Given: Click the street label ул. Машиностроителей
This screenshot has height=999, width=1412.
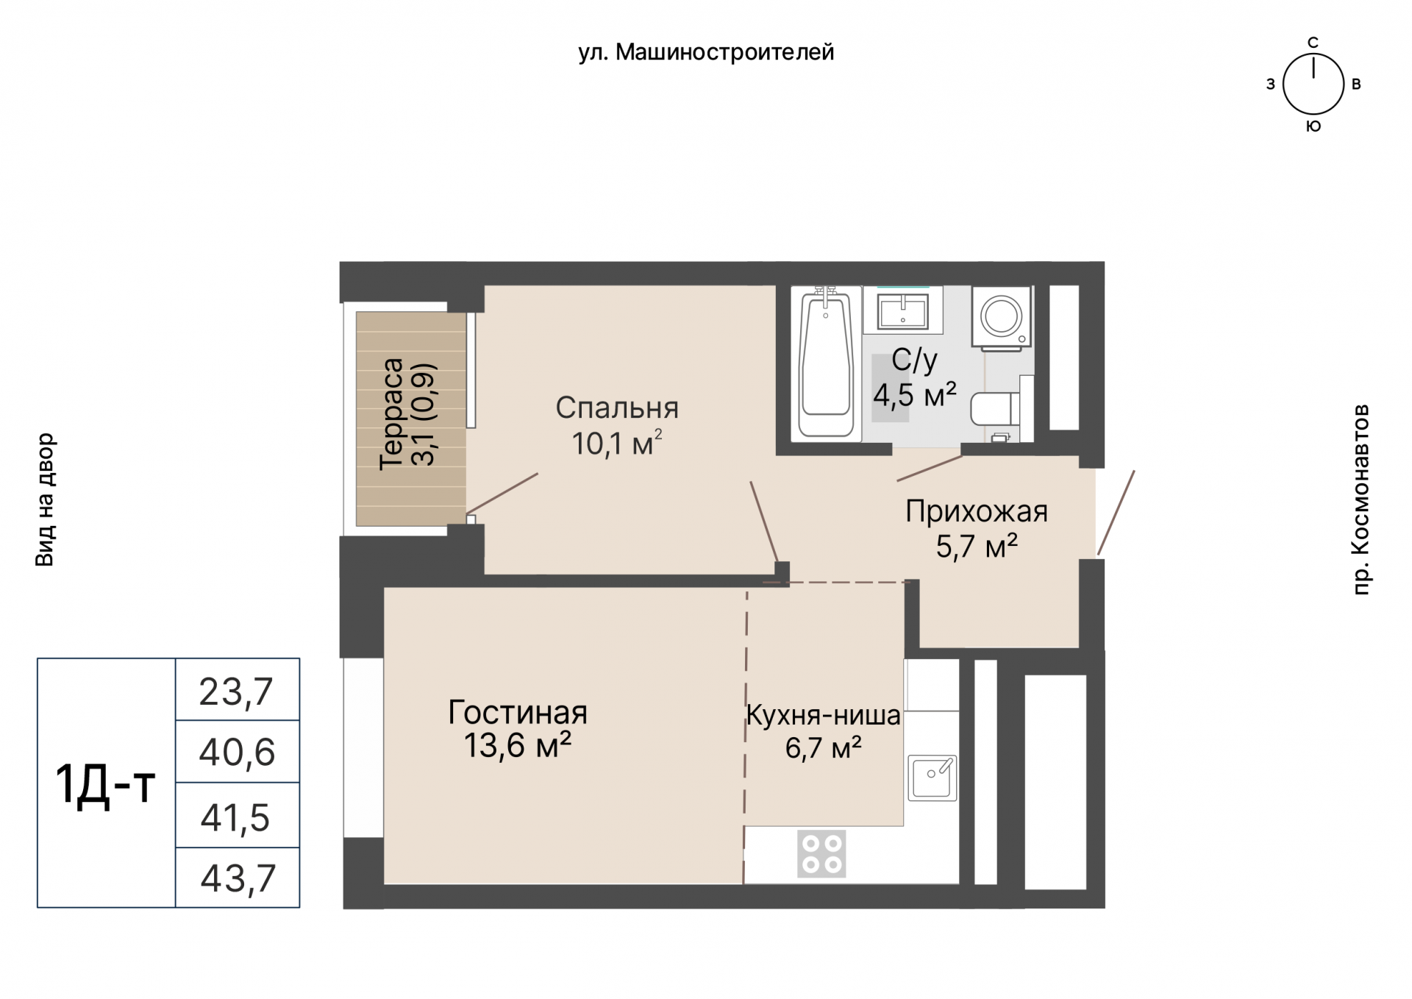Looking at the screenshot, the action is point(706,52).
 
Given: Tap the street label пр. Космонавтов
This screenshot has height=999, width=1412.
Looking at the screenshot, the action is point(1361,499).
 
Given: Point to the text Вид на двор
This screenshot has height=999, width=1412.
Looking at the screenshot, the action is point(45,500).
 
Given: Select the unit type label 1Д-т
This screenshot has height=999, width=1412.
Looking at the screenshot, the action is point(106,784).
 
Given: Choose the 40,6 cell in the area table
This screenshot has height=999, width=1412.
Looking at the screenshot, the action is point(237,752).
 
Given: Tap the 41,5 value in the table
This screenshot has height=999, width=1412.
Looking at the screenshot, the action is point(235,817).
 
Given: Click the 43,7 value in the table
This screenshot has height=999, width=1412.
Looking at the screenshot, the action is point(238,878).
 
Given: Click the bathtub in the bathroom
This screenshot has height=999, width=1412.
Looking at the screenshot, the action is point(827,363).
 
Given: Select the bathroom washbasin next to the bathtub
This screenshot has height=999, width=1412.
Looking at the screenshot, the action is point(902,309).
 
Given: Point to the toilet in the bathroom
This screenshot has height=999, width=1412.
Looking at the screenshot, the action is point(996,409).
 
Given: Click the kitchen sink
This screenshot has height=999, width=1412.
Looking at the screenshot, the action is point(932,778).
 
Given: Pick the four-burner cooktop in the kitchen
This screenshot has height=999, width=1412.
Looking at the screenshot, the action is point(821,854).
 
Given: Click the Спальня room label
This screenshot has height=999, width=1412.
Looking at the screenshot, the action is point(617,408).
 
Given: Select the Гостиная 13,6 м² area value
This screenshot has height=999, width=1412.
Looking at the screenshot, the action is point(518,746).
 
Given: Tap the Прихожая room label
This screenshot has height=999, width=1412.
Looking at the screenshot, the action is point(977,511).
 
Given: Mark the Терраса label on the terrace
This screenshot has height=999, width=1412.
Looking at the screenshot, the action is point(391,414).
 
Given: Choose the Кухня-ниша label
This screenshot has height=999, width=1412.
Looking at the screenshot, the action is point(823,715).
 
